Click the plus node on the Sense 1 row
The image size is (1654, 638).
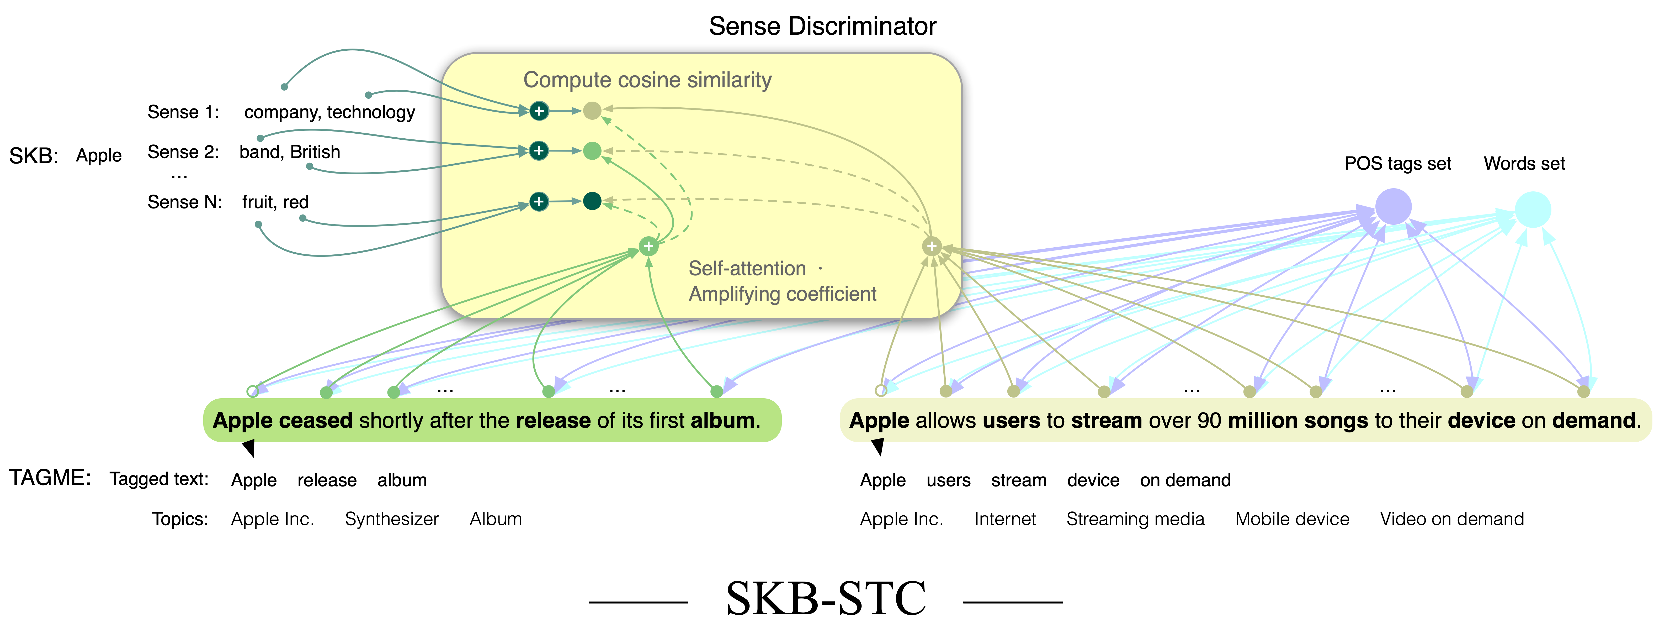pyautogui.click(x=539, y=111)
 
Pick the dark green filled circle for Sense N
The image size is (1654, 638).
pyautogui.click(x=592, y=201)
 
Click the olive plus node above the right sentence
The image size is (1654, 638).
pyautogui.click(x=932, y=246)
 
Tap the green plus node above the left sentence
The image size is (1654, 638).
pyautogui.click(x=648, y=246)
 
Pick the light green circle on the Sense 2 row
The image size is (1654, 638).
pyautogui.click(x=592, y=151)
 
